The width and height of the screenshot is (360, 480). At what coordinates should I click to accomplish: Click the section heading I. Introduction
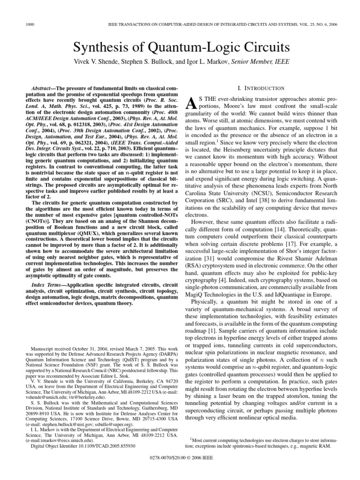pos(261,88)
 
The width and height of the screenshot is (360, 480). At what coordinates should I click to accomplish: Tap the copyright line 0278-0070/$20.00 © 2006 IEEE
pos(180,470)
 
